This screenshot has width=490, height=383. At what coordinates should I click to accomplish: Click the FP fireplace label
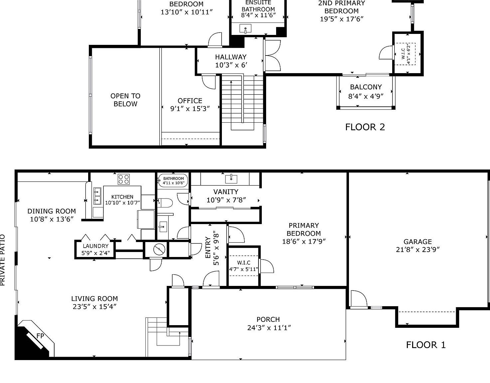point(40,336)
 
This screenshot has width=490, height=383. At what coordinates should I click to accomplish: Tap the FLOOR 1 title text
point(425,345)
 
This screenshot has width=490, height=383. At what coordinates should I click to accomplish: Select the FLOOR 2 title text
point(365,127)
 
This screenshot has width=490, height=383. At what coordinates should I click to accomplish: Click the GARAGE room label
point(417,242)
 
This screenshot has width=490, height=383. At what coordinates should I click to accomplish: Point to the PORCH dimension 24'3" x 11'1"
point(269,328)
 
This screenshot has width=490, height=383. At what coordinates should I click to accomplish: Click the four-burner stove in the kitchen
point(123,179)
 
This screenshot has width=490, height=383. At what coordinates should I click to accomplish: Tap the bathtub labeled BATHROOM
point(173,181)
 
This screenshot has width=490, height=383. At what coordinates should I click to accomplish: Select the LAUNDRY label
point(95,246)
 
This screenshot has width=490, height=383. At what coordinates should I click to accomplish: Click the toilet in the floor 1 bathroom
point(165,202)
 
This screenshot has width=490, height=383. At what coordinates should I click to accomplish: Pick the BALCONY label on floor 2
point(366,87)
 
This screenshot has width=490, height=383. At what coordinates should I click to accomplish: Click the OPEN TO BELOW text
point(125,100)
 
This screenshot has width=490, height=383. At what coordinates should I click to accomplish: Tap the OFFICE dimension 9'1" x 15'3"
point(190,109)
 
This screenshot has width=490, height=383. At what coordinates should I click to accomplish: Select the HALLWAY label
point(231,57)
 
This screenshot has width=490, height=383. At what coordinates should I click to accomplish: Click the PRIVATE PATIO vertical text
point(3,260)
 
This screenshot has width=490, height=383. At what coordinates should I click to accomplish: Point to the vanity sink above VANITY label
point(231,179)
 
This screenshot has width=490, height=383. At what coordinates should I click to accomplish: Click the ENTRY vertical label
point(208,248)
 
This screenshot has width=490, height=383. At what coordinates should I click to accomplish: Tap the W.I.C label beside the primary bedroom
point(244,263)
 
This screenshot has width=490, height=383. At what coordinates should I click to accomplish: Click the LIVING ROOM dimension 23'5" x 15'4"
point(94,307)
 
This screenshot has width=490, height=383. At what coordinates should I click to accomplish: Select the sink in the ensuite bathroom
point(245,30)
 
